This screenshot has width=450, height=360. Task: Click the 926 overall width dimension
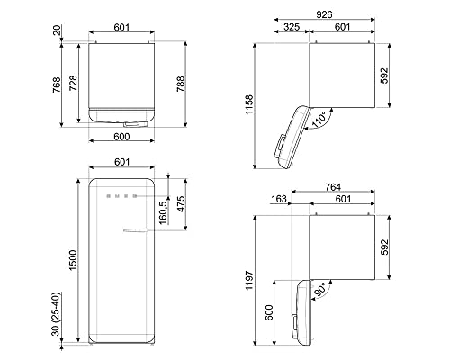pyautogui.click(x=337, y=16)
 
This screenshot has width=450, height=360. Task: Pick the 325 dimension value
pyautogui.click(x=292, y=28)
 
